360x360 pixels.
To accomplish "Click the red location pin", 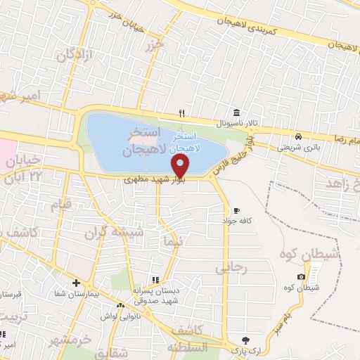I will point(181,166).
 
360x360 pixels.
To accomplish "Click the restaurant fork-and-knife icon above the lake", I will point(181,113).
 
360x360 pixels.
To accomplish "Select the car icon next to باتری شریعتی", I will point(298,136).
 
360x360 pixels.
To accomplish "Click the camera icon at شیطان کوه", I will point(301,277).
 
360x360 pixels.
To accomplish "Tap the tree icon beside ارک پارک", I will point(244,340).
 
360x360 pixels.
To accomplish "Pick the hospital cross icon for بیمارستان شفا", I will point(75,283).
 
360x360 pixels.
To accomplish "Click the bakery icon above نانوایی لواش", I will point(121,305).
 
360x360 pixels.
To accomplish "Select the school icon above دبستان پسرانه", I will point(154,279).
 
